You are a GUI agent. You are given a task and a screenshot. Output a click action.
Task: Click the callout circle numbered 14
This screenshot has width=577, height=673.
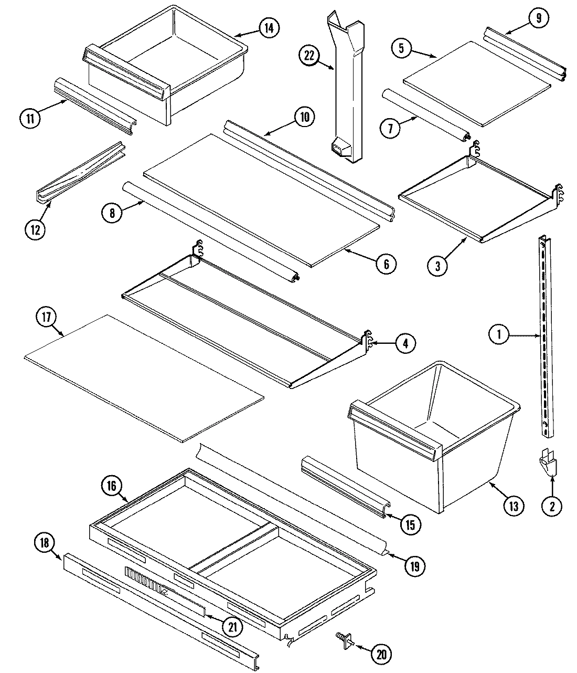click(x=268, y=27)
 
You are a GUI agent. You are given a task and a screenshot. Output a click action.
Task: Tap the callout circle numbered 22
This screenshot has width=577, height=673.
click(x=309, y=56)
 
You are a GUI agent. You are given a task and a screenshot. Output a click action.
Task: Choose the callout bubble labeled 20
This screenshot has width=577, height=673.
click(x=381, y=654)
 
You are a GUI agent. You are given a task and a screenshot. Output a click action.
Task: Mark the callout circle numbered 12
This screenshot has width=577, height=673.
click(x=35, y=229)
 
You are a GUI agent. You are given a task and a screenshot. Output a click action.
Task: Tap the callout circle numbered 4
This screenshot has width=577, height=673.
click(x=404, y=343)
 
